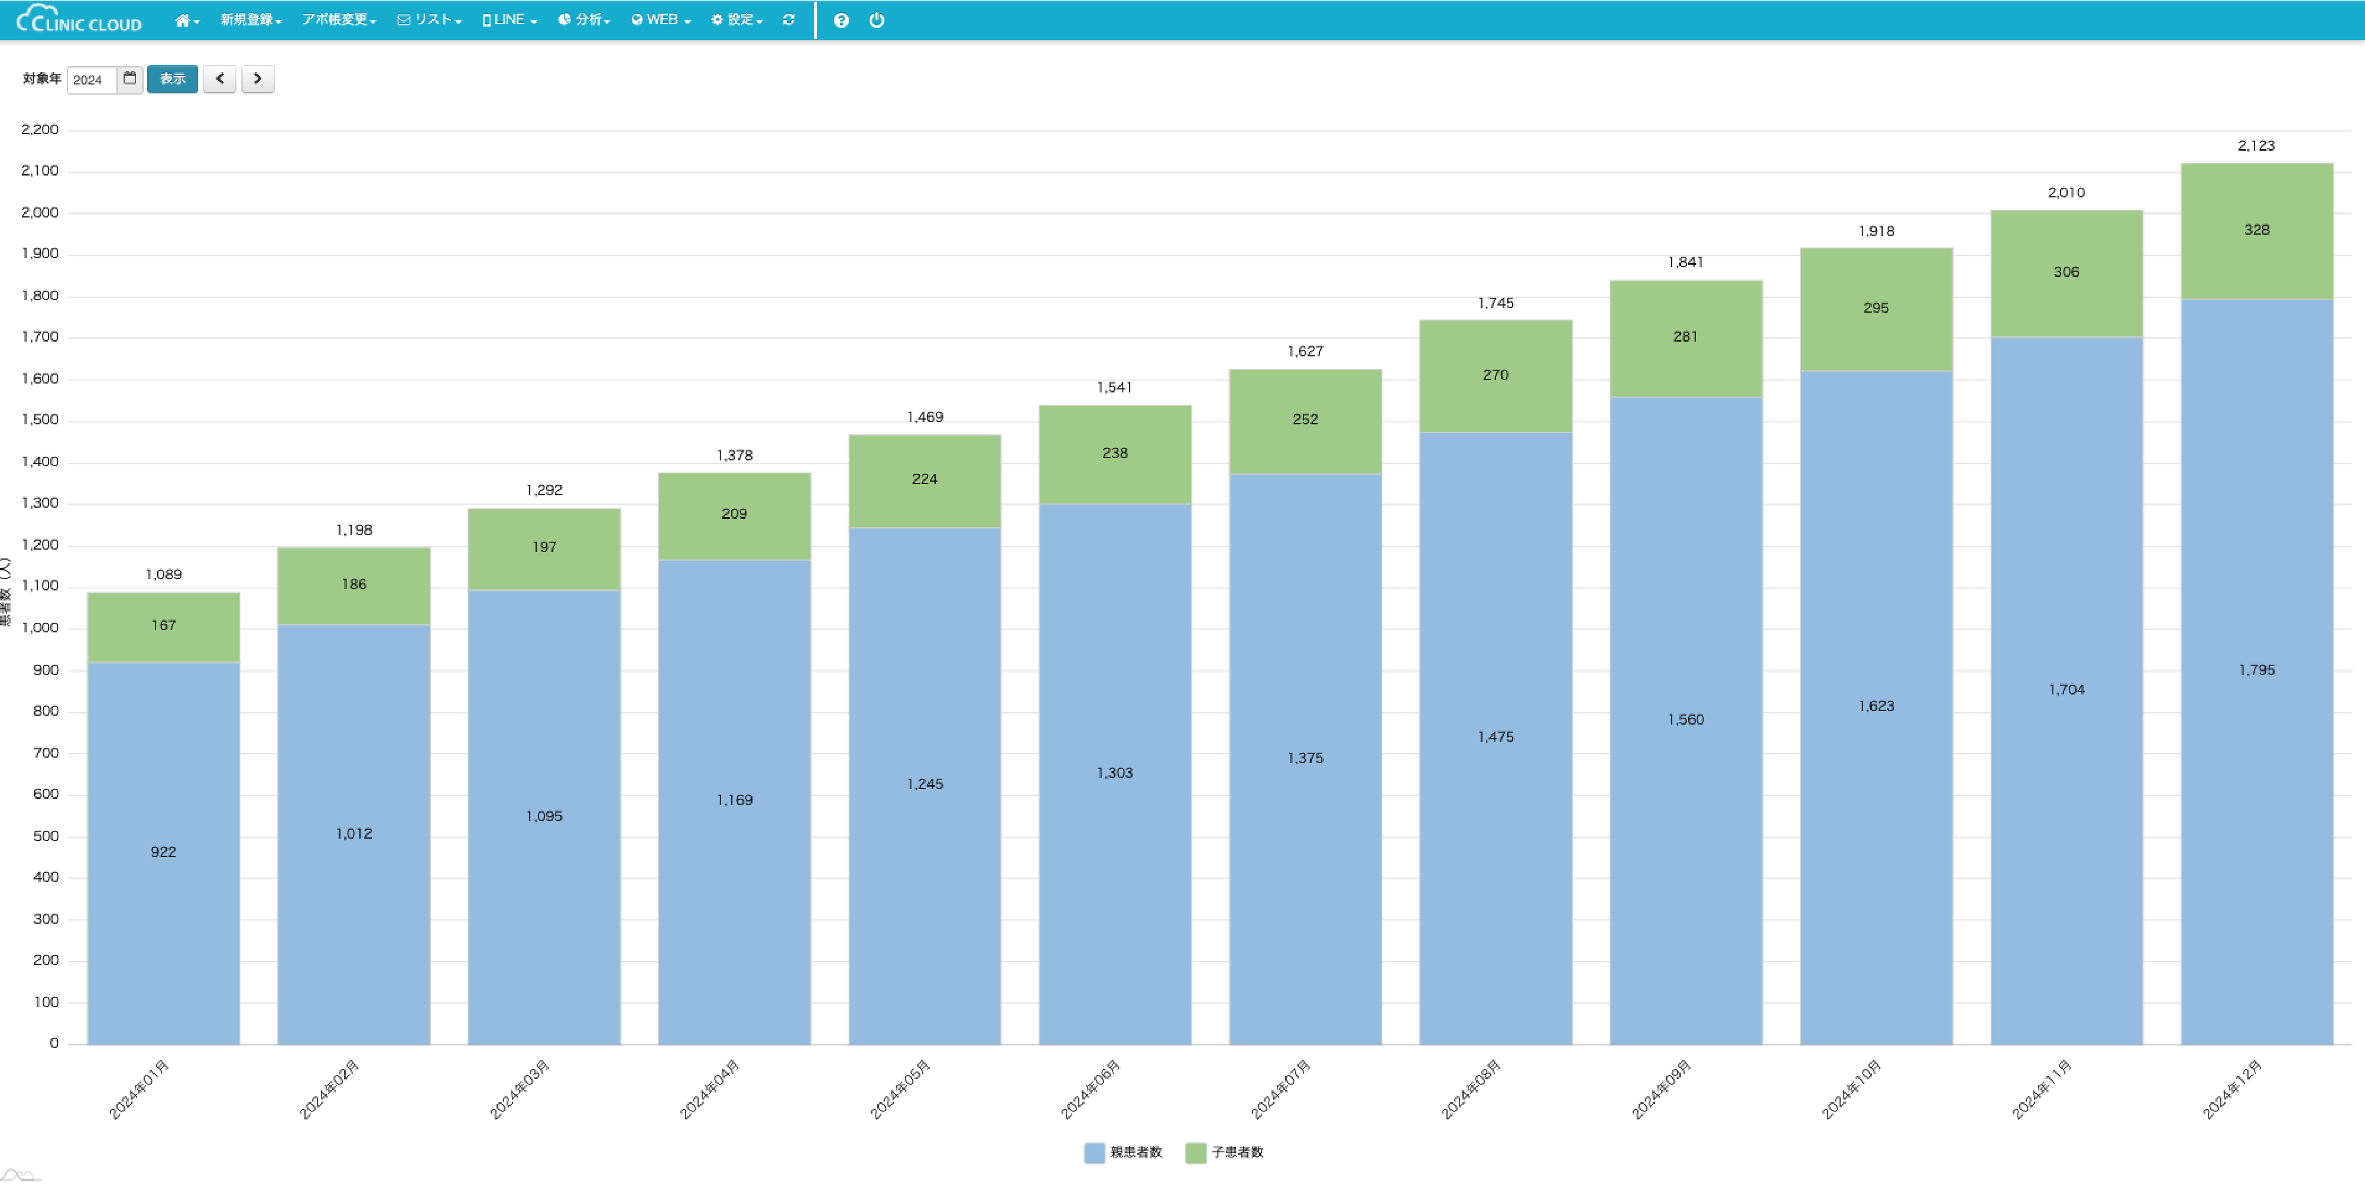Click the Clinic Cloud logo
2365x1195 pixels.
pyautogui.click(x=80, y=20)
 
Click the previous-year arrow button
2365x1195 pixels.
pyautogui.click(x=219, y=79)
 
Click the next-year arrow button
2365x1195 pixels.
pyautogui.click(x=258, y=79)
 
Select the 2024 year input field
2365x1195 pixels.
pyautogui.click(x=92, y=80)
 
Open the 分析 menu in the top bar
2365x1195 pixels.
pyautogui.click(x=584, y=20)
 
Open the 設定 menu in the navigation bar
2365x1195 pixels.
pyautogui.click(x=737, y=20)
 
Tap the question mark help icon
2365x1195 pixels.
pyautogui.click(x=841, y=20)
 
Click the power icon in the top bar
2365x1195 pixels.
pyautogui.click(x=877, y=20)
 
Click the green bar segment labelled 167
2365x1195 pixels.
pyautogui.click(x=163, y=627)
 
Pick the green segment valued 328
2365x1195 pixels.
pyautogui.click(x=2257, y=230)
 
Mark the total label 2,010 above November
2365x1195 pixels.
pyautogui.click(x=2066, y=193)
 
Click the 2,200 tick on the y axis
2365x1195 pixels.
pyautogui.click(x=40, y=129)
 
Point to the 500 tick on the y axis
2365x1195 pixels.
pyautogui.click(x=46, y=836)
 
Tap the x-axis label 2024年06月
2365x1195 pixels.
pyautogui.click(x=1091, y=1089)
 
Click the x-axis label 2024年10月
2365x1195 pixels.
pyautogui.click(x=1852, y=1089)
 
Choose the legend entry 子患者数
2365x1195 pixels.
pyautogui.click(x=1225, y=1153)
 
